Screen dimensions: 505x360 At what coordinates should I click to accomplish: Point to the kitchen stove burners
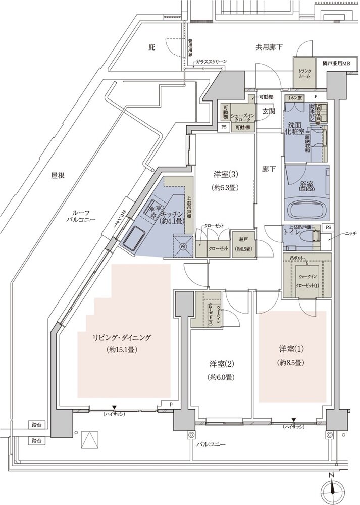pos(153,211)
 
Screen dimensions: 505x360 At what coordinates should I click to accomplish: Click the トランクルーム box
pos(305,73)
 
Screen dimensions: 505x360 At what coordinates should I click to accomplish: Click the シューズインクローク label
pos(243,118)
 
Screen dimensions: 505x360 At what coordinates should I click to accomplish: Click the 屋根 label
pos(59,176)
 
